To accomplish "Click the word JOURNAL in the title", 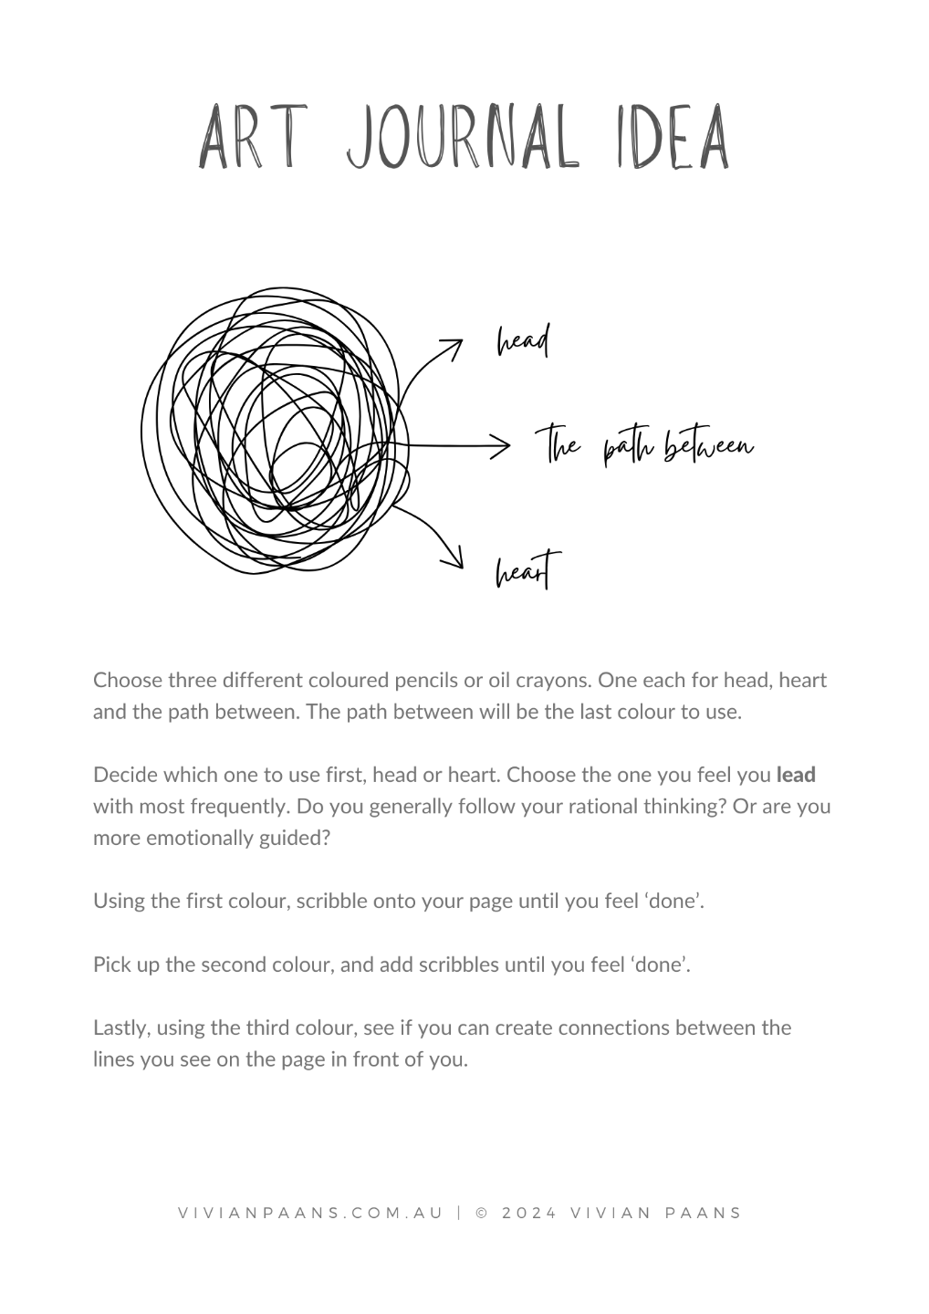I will click(463, 138).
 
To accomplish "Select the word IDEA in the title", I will click(661, 138).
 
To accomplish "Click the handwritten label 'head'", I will click(523, 342).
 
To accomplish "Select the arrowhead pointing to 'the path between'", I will click(500, 446).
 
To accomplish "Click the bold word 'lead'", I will click(796, 775).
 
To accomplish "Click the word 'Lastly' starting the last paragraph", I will click(121, 1027).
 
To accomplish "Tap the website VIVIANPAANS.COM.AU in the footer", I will click(310, 1213).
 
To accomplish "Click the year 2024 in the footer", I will click(529, 1213).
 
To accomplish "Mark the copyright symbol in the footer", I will click(483, 1213).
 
